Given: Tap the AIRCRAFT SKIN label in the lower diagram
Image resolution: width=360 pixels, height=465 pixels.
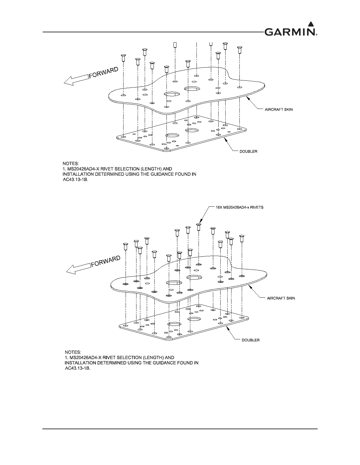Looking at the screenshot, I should [x=281, y=298].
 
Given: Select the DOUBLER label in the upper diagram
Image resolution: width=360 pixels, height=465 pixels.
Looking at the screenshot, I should [x=249, y=151].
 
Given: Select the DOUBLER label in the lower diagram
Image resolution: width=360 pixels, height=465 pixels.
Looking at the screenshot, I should [x=251, y=340].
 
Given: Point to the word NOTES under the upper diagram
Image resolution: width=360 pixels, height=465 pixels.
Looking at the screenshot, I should [x=71, y=164].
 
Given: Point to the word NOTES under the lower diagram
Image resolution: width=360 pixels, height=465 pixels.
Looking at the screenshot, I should [x=73, y=352].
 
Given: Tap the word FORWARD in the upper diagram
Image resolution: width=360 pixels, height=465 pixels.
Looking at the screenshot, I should [x=104, y=72].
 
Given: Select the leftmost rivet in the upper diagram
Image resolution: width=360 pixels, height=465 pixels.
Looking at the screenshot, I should [x=124, y=57].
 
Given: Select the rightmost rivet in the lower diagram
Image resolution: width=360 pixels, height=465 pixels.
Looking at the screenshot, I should [x=242, y=238].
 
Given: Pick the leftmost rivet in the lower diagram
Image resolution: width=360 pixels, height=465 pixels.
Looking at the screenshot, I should [x=126, y=246].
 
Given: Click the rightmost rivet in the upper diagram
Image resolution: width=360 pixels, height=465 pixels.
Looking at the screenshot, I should [x=240, y=49].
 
